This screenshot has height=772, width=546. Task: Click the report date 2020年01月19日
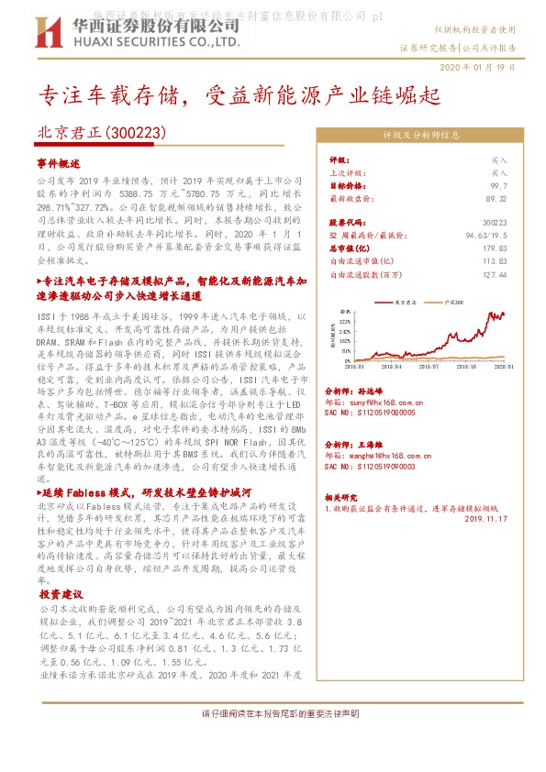[484, 68]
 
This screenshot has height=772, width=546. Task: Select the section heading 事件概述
[59, 161]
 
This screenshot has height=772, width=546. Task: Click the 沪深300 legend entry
[453, 301]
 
